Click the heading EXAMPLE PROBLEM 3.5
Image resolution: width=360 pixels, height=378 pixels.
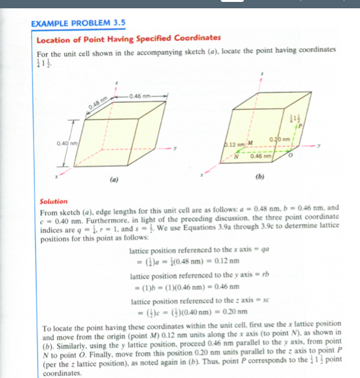tap(77, 23)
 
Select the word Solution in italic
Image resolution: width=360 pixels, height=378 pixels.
tap(54, 202)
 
